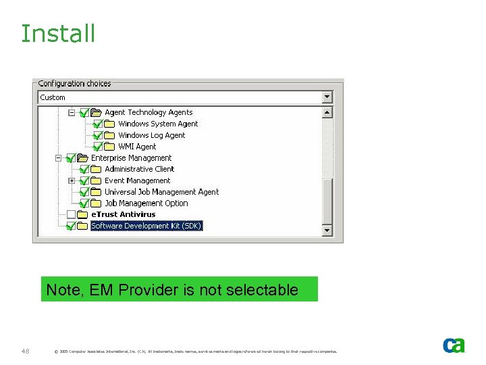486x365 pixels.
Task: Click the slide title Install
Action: point(58,33)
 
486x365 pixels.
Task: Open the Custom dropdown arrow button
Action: point(327,97)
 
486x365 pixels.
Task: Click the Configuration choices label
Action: point(74,83)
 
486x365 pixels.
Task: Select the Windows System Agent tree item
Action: point(158,124)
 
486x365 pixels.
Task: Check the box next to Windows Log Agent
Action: point(97,135)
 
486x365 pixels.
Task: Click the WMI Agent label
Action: point(137,147)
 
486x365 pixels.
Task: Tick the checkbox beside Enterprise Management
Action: point(71,158)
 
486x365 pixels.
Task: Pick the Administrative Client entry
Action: point(139,169)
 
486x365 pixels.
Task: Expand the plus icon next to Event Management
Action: point(72,180)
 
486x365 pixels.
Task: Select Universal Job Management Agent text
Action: point(161,192)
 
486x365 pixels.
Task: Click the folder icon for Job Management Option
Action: point(97,203)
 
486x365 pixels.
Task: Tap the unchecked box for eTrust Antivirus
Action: point(71,214)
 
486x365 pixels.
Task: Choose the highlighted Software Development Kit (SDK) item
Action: point(146,226)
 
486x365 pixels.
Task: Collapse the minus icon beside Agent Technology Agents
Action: point(72,112)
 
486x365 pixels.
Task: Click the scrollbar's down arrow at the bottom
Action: point(327,230)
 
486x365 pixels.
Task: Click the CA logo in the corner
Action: point(454,345)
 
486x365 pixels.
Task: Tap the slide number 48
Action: point(26,351)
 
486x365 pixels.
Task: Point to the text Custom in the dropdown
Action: point(53,97)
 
